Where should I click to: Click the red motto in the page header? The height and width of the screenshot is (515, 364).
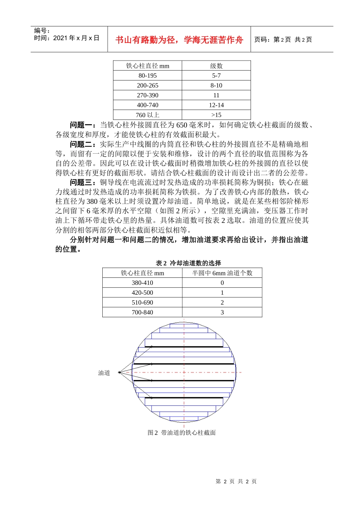coord(179,40)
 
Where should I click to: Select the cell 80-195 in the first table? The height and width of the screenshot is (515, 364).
coord(148,75)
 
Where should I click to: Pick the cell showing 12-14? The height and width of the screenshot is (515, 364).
coord(216,105)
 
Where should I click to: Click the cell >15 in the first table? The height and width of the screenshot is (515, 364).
coord(216,115)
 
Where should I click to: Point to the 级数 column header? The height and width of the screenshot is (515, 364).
coord(216,66)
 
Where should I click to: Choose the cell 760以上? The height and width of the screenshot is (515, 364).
coord(148,115)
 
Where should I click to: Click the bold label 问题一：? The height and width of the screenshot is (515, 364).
coord(84,125)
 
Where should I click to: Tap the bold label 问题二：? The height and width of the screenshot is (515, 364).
coord(84,144)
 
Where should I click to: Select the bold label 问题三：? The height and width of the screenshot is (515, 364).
coord(84,182)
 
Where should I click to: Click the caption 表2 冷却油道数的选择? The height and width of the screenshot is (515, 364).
coord(188,263)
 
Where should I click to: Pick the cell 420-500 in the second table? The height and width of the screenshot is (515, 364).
coord(142,293)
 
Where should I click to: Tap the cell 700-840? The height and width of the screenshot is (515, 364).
coord(142,312)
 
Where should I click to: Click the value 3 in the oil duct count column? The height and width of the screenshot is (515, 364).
coord(222,312)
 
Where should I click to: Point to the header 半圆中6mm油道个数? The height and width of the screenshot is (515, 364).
coord(222,273)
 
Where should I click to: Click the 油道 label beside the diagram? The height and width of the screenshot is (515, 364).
coord(104,373)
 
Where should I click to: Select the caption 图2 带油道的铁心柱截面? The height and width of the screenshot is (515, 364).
coord(182,433)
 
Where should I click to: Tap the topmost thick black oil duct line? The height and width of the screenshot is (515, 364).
coord(184,347)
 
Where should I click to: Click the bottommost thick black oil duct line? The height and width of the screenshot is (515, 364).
coord(184,398)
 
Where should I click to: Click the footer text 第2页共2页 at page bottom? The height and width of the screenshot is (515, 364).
coord(236,481)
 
